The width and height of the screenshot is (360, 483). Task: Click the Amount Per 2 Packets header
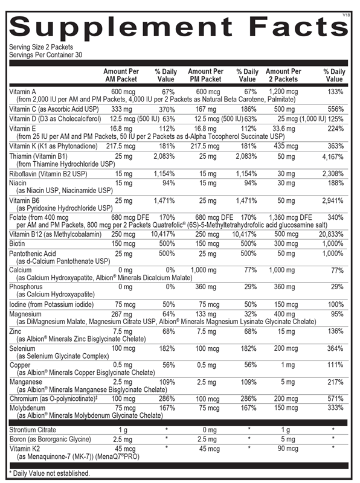[283, 75]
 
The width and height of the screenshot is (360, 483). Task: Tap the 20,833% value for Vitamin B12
[332, 234]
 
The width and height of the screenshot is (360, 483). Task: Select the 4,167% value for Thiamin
[333, 156]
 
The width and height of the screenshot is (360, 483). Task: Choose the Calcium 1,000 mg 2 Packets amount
[283, 270]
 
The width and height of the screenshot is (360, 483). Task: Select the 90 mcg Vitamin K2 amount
[283, 449]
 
